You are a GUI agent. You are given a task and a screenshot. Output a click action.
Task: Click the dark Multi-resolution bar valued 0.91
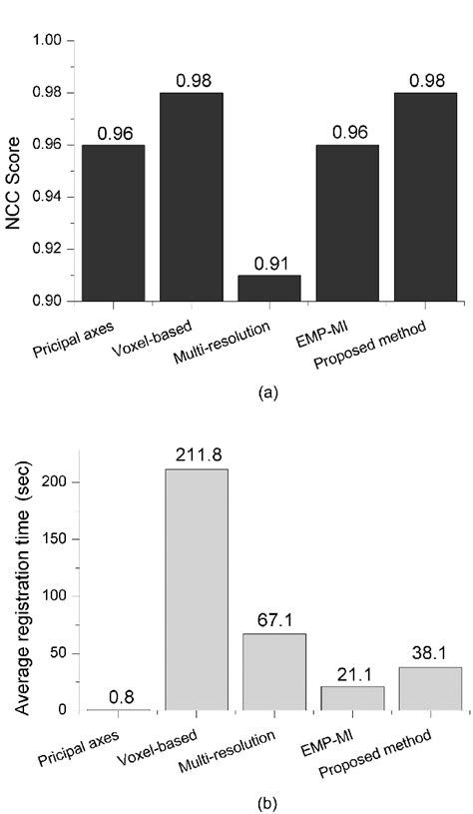point(268,288)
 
